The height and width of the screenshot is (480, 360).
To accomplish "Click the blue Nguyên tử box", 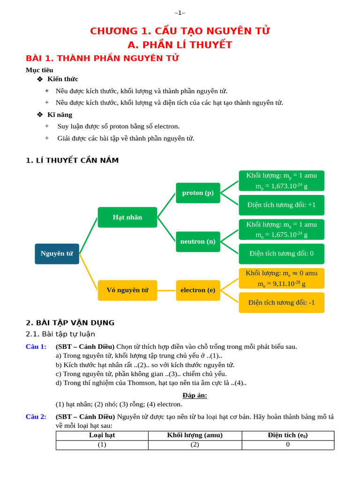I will (57, 254).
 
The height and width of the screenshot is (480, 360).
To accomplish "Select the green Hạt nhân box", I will (127, 217).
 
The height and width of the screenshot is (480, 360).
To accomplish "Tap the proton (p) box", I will (198, 193).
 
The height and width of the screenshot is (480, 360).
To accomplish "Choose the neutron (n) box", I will (198, 241).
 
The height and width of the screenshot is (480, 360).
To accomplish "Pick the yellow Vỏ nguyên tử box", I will (127, 290).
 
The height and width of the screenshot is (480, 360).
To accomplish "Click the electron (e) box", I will (198, 290).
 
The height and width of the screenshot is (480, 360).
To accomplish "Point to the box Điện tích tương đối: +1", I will (281, 205).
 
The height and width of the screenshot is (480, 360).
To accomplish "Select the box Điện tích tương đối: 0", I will (281, 254).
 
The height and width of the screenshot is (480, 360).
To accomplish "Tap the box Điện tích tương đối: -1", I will (281, 302).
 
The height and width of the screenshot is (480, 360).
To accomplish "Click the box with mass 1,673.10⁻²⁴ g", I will (281, 180).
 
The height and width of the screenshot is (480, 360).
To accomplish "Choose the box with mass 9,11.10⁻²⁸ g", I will (281, 278).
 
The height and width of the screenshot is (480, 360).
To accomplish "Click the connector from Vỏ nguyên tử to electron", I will (166, 290).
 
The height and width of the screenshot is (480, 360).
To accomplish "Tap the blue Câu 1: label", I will (36, 347).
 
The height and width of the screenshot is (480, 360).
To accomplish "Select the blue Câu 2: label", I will (36, 417).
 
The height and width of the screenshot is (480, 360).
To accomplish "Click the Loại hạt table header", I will (102, 435).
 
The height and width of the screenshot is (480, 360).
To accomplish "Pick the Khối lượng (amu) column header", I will (195, 435).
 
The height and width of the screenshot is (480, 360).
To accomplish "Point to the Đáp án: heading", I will (195, 395).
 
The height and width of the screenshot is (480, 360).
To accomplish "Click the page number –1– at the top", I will (180, 13).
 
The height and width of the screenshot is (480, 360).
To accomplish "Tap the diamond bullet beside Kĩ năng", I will (40, 114).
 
